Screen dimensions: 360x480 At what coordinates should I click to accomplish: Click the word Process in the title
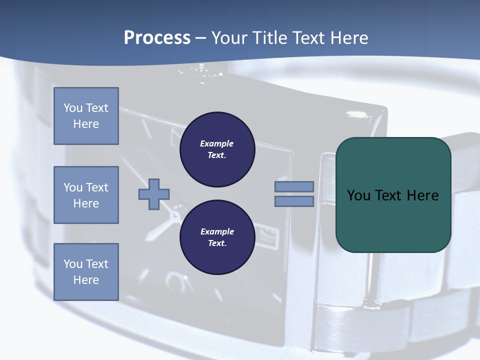pos(157,38)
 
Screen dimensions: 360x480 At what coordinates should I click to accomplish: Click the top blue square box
pos(86,116)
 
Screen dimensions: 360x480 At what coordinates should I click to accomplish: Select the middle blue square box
pos(86,195)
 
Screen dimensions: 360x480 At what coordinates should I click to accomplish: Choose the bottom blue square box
pos(86,272)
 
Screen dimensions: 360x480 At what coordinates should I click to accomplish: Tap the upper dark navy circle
pos(217,149)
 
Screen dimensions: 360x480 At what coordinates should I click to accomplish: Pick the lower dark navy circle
pos(217,237)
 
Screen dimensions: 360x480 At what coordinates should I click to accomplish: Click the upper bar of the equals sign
pos(294,186)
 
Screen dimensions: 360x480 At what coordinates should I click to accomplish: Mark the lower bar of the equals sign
pos(294,201)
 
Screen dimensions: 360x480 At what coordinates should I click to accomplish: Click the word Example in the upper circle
pos(217,143)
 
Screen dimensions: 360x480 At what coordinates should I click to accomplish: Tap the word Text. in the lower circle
pos(217,243)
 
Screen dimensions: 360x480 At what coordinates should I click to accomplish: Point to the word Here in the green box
pos(422,195)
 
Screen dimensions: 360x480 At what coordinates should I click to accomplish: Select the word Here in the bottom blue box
pos(86,280)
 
